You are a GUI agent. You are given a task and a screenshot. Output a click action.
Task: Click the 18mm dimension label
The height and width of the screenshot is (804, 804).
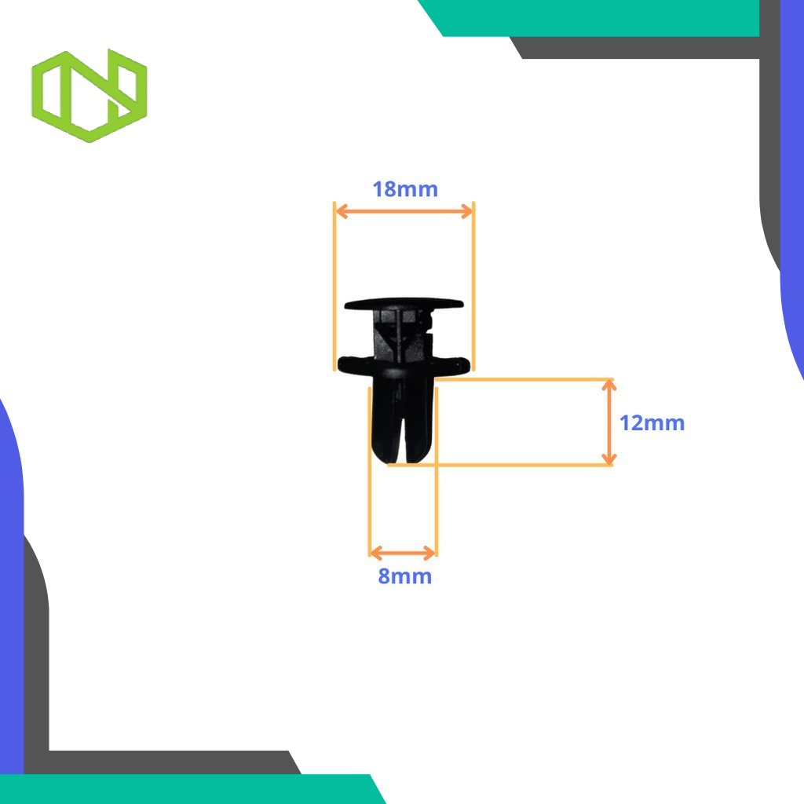(404, 189)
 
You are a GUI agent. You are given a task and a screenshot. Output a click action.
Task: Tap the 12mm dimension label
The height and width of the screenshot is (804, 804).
(652, 423)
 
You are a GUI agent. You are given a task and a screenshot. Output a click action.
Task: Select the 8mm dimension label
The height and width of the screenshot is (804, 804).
(404, 576)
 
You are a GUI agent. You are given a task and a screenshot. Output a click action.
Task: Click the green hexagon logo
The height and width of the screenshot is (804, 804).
(90, 95)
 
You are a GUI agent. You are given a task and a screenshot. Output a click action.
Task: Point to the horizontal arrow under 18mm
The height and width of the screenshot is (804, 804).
(404, 210)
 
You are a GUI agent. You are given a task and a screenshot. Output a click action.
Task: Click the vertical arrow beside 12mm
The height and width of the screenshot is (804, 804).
(608, 422)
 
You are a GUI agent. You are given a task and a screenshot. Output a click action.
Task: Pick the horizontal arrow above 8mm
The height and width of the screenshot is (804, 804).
(403, 552)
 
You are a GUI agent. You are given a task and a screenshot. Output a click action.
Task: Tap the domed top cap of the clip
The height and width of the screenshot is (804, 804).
(404, 303)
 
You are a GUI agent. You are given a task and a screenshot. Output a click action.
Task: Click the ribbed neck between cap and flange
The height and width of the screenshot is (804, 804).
(402, 334)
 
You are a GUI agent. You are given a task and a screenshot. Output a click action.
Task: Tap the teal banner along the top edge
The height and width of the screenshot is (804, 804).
(597, 17)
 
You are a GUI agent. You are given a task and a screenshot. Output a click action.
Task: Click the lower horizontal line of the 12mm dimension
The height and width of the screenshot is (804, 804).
(510, 465)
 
